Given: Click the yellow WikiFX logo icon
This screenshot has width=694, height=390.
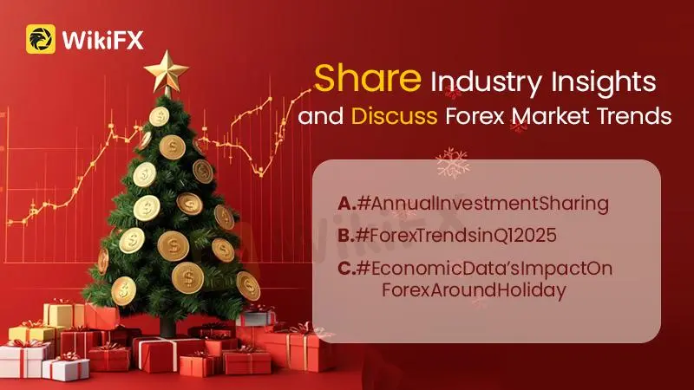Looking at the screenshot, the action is tap(41, 39).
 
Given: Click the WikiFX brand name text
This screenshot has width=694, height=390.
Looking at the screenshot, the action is tap(103, 40).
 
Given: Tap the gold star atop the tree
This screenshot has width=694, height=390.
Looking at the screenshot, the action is tap(167, 72).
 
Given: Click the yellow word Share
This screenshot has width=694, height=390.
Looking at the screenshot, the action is tap(367, 78).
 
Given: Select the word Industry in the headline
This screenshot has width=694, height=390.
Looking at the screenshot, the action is tap(487, 82).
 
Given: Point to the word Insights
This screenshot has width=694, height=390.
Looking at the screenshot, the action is tap(604, 82).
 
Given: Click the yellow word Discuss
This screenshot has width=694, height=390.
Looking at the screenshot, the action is tap(395, 116).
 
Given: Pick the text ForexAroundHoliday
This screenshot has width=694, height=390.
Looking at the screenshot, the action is tap(474, 290).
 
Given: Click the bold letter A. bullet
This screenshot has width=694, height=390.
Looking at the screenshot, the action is tap(346, 204).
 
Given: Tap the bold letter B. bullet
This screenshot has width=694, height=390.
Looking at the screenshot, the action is tap(346, 236).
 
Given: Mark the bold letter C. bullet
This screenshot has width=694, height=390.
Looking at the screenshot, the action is tap(347, 269).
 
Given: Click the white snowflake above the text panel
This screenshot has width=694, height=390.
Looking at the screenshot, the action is tap(452, 163).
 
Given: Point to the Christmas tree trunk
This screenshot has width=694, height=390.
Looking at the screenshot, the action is tap(167, 327).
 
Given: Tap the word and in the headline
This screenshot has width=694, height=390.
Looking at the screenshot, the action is tap(321, 116).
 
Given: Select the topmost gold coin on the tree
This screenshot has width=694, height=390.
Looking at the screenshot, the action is tap(160, 117).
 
